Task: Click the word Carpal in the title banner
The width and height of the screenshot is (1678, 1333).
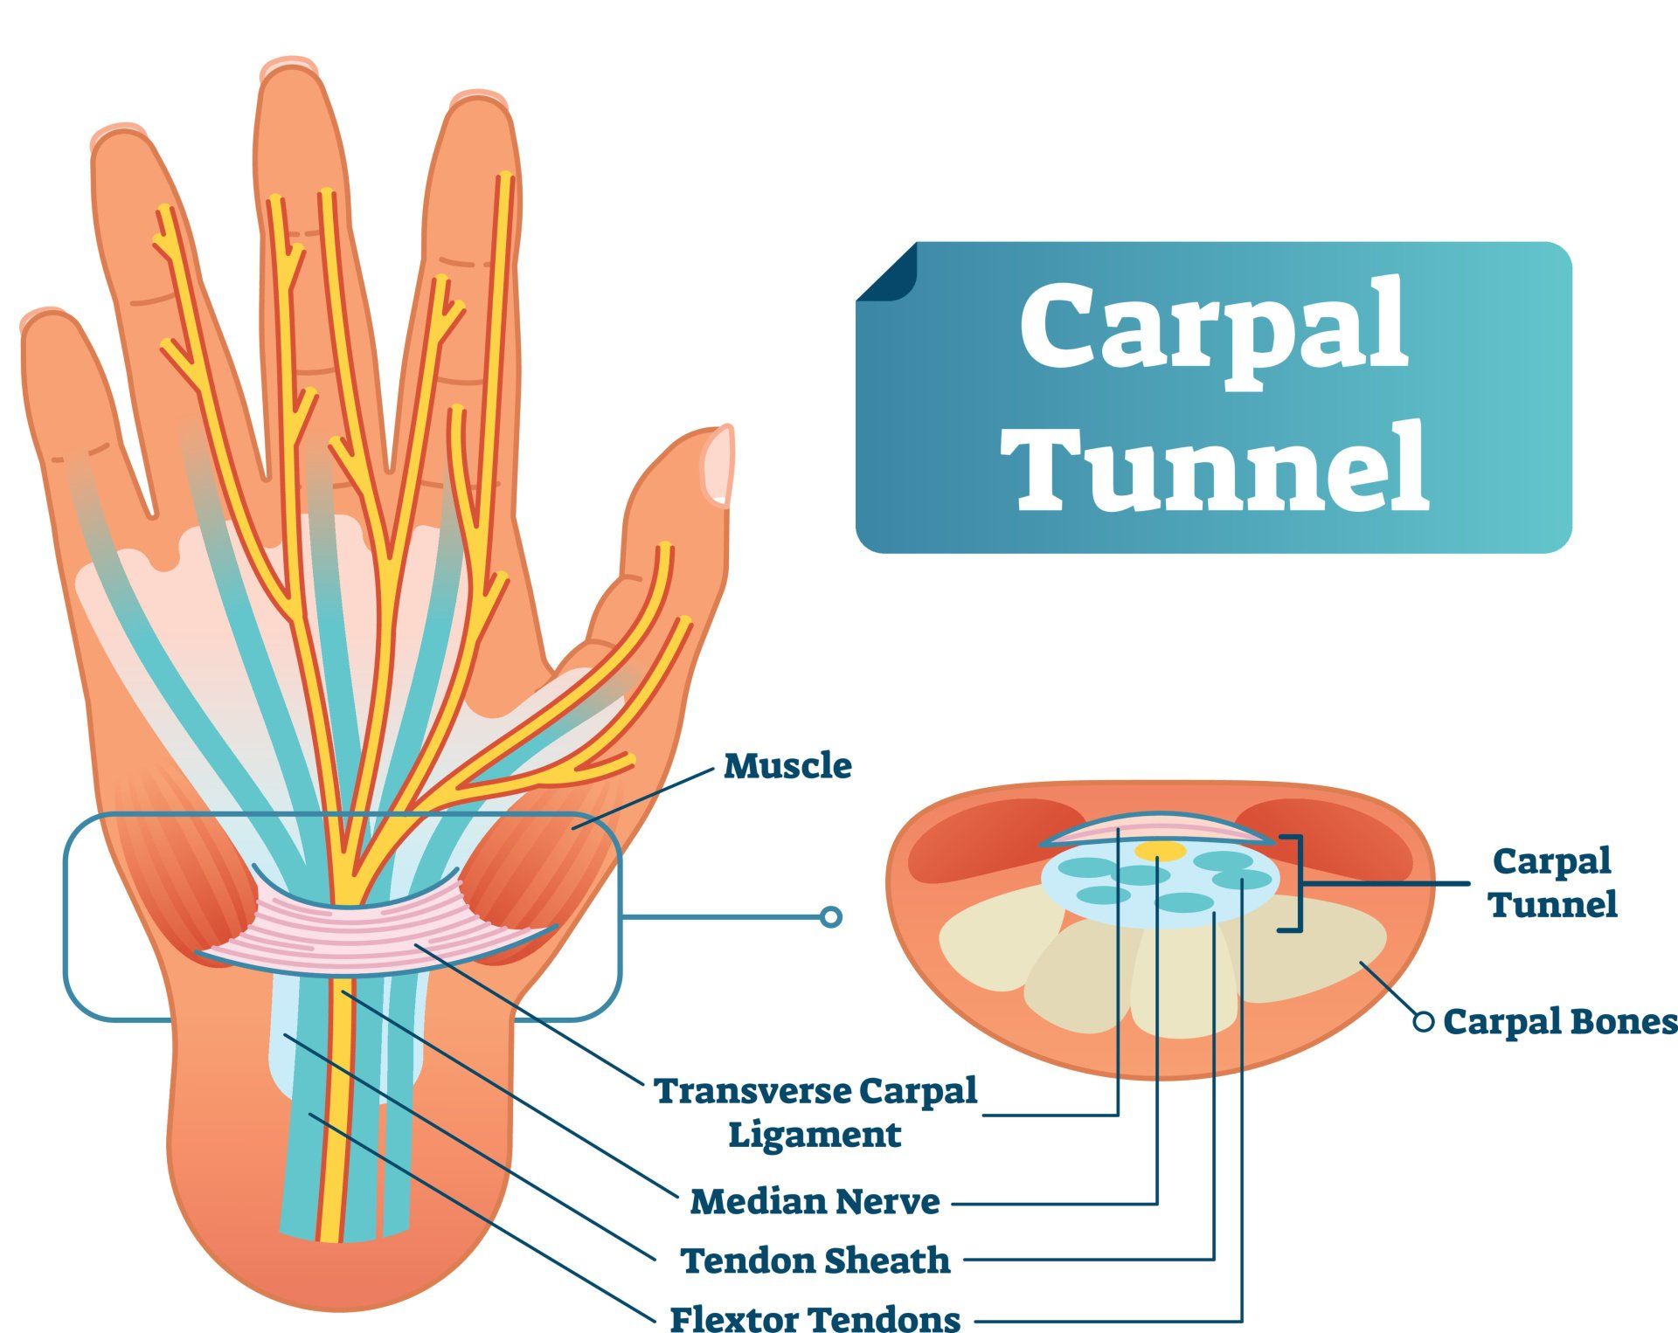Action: (x=1213, y=328)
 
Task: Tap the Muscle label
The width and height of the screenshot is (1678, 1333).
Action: (x=787, y=766)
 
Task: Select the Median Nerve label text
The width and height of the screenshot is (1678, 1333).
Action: (x=815, y=1202)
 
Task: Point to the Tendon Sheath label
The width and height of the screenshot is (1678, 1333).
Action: (x=815, y=1260)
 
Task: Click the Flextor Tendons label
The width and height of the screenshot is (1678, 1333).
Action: (x=815, y=1317)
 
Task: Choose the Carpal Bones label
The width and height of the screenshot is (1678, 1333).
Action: (x=1559, y=1021)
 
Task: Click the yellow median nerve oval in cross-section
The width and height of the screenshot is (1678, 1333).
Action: (x=1160, y=850)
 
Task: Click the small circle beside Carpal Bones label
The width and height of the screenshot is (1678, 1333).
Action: (x=1424, y=1021)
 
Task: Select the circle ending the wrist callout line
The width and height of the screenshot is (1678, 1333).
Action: (x=831, y=917)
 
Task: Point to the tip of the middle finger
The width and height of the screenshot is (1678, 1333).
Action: (x=288, y=72)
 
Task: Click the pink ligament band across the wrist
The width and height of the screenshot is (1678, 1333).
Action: (x=376, y=939)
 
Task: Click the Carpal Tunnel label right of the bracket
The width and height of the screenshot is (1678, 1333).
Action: (x=1552, y=882)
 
